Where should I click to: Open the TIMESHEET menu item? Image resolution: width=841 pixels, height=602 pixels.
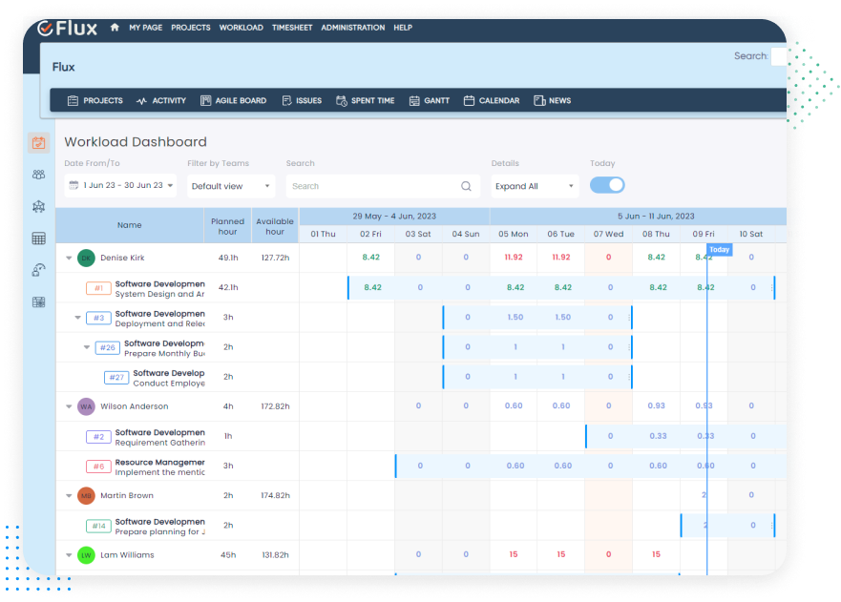291,28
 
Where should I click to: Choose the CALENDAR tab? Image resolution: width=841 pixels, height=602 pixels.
492,100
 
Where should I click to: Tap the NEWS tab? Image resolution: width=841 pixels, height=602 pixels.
553,100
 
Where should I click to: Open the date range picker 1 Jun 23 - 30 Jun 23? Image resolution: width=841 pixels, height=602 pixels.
120,186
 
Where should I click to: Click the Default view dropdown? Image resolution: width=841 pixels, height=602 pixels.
231,186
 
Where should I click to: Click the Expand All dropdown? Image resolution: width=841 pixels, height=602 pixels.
535,186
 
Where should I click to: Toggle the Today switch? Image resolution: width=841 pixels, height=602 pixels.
607,185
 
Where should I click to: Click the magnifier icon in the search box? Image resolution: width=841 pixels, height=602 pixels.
467,186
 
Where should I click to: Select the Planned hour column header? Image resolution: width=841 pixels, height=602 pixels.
227,226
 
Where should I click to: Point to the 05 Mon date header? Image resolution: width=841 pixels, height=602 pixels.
513,234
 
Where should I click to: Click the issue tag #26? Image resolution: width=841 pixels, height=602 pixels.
108,347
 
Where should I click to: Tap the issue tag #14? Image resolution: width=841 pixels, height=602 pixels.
98,526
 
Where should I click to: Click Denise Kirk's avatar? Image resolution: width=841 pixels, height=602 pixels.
86,258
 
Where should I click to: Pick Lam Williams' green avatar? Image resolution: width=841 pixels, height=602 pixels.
86,555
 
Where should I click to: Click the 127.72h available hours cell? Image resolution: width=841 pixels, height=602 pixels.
275,258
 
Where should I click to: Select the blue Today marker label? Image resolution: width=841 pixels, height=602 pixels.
719,250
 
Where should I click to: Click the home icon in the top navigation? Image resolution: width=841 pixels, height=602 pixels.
115,28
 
